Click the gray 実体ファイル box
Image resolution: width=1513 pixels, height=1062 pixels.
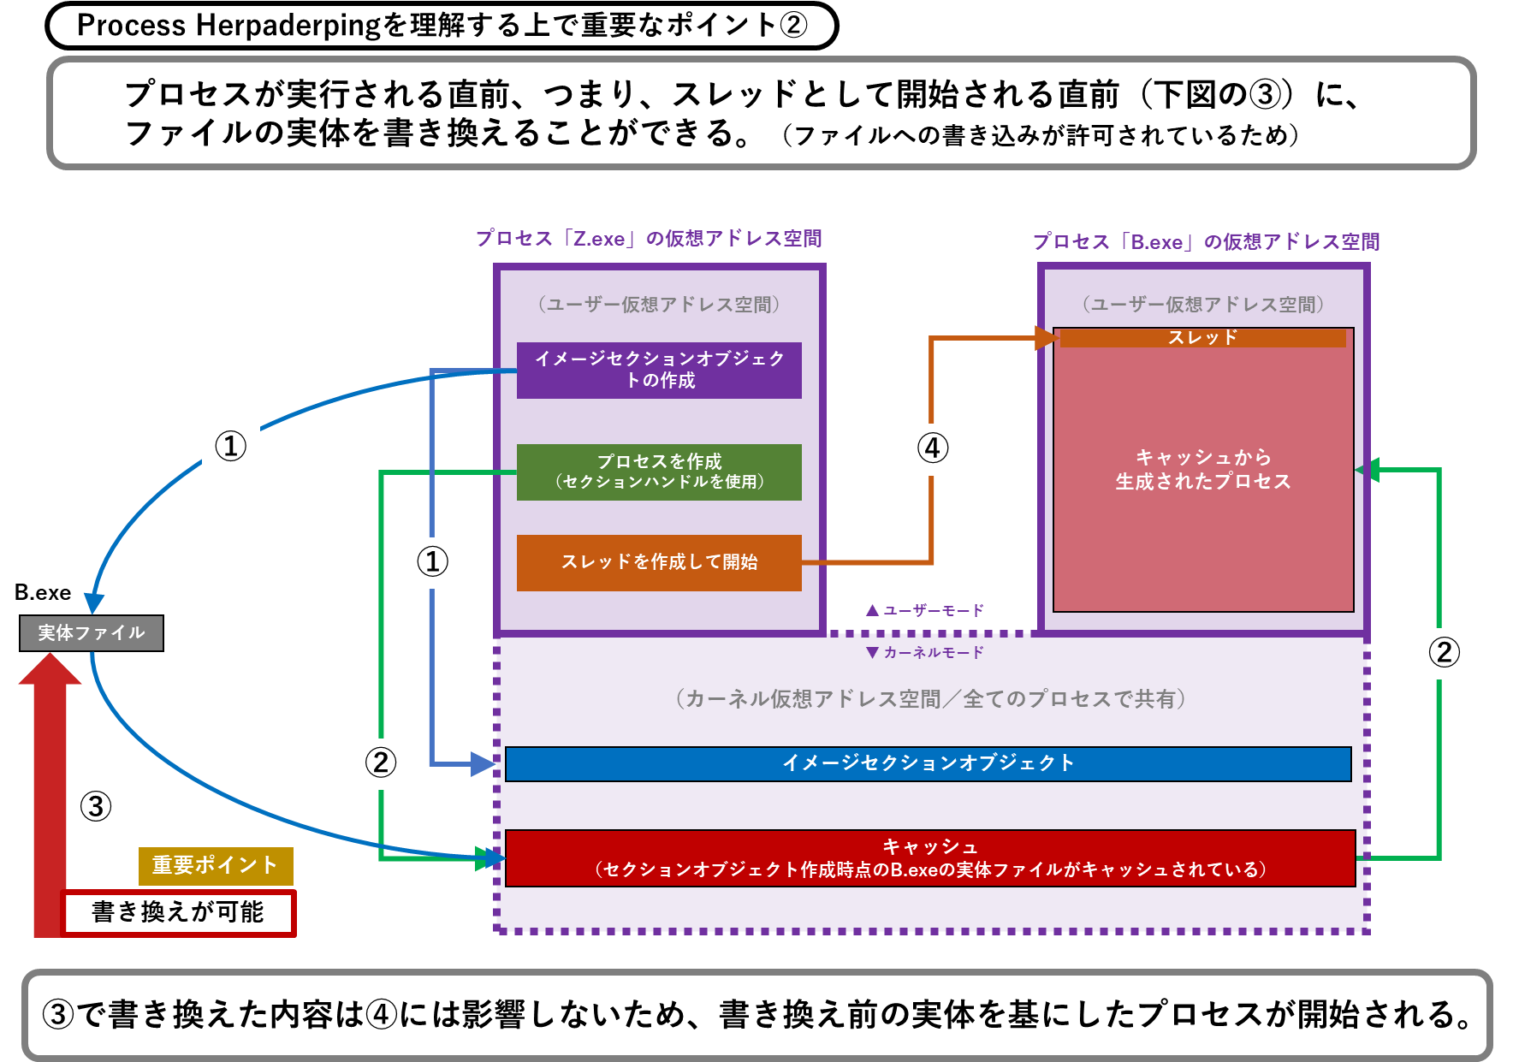[x=92, y=633]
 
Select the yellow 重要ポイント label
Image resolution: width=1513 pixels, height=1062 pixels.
[x=216, y=865]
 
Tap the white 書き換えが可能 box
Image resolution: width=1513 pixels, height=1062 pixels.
[x=178, y=912]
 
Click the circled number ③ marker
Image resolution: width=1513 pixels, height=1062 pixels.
[x=96, y=807]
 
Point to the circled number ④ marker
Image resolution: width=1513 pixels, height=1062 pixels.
[x=933, y=448]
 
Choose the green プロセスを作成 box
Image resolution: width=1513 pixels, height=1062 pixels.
[x=659, y=472]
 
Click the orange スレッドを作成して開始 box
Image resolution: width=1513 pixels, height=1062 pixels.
[x=659, y=562]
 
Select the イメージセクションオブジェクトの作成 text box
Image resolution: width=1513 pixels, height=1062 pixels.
[x=659, y=370]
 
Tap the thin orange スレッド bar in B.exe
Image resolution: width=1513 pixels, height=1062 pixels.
[x=1202, y=338]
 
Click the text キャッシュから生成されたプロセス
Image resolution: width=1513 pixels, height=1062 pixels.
[x=1202, y=470]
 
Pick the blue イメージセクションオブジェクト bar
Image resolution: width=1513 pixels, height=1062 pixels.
[x=928, y=763]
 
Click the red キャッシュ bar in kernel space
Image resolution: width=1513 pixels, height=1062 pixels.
[x=930, y=858]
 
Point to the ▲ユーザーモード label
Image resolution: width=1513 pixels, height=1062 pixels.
[x=925, y=610]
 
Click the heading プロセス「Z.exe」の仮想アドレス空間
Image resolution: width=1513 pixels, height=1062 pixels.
[x=649, y=239]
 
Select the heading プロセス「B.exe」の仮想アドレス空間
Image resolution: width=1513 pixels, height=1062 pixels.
[x=1206, y=242]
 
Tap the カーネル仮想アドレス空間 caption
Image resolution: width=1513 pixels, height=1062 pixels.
[x=930, y=699]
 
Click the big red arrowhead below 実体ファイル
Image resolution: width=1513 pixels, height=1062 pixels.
[x=50, y=670]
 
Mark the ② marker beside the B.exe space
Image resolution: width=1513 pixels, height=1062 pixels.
[x=1444, y=653]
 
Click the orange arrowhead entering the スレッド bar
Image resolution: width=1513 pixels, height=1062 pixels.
[x=1047, y=338]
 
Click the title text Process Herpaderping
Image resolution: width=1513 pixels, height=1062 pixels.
[x=228, y=26]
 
